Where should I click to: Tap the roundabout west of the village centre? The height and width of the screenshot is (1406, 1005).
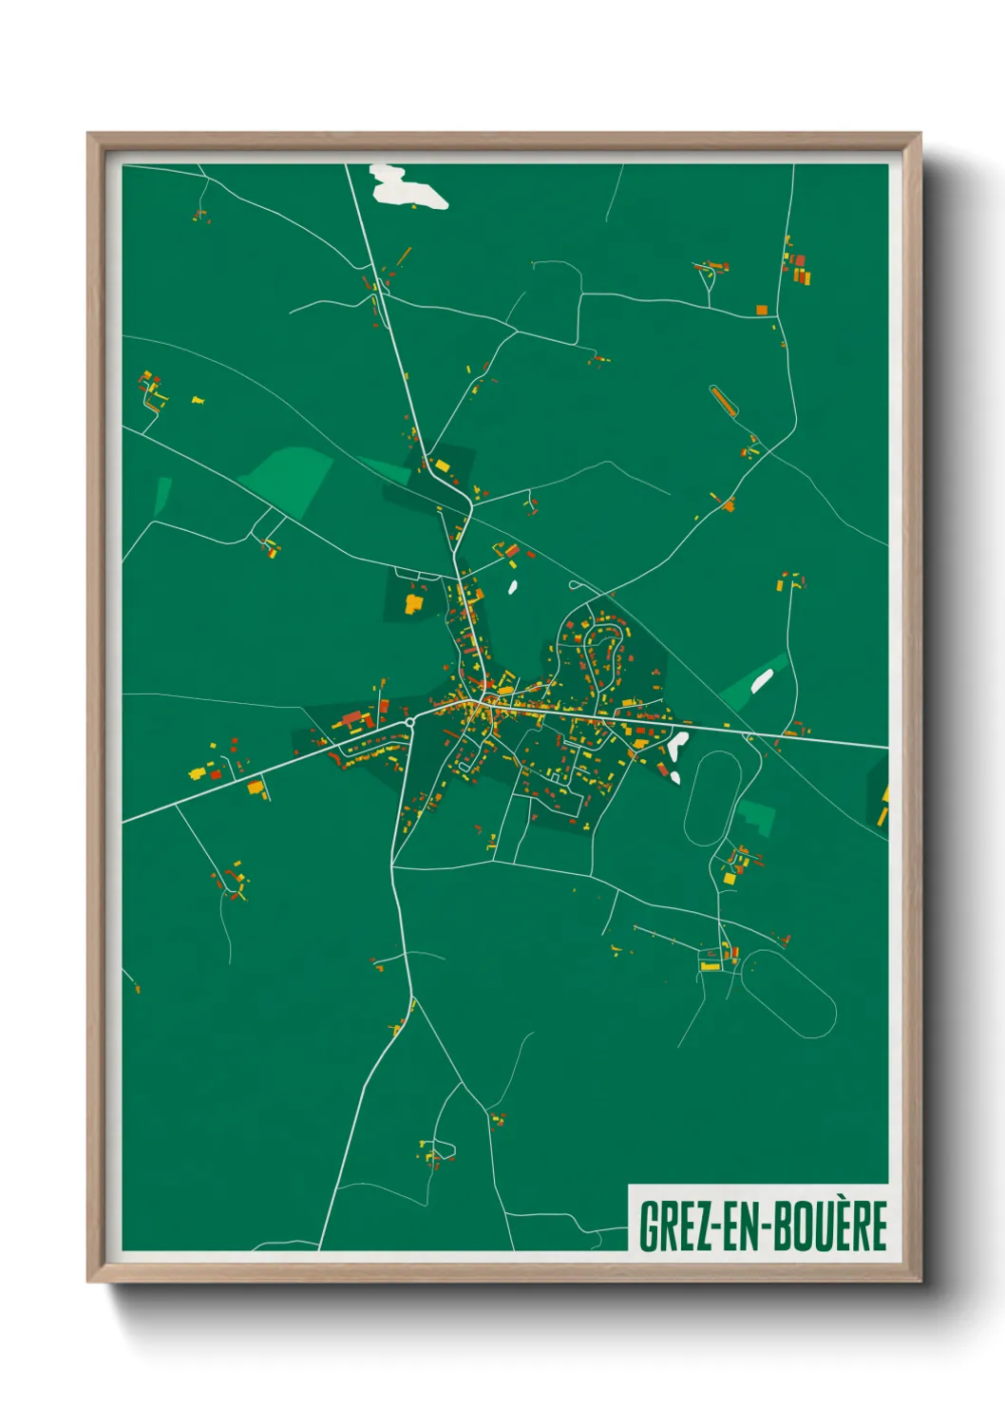(x=409, y=723)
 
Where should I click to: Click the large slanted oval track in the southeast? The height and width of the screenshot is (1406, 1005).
(x=788, y=993)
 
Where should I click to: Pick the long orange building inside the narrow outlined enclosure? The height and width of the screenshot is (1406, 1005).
(x=725, y=402)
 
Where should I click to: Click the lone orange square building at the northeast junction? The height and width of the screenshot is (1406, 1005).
(x=762, y=310)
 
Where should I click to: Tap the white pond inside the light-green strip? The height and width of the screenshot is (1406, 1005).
(x=762, y=679)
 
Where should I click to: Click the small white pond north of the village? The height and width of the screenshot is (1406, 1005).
(x=513, y=586)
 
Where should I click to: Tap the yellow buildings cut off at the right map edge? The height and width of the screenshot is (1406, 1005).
(x=883, y=806)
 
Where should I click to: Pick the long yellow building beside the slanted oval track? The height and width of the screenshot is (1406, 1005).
(x=710, y=966)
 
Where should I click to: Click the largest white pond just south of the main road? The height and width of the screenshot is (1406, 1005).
(x=678, y=746)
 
